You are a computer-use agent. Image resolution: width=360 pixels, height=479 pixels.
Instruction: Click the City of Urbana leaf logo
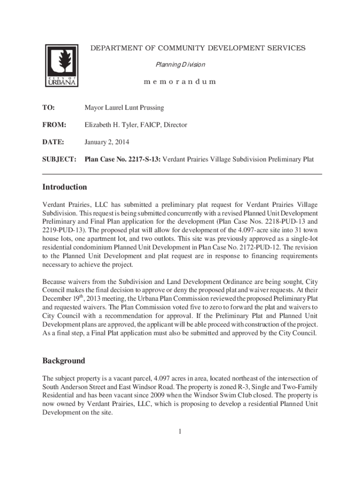61,65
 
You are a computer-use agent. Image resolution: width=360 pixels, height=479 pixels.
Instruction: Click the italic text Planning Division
180,64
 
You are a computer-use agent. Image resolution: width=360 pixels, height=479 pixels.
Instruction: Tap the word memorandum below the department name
180,81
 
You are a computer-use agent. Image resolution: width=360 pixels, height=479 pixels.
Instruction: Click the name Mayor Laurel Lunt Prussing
124,108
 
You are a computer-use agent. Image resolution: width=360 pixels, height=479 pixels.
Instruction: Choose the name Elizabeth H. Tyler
111,125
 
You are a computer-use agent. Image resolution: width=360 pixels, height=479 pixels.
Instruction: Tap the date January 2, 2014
107,142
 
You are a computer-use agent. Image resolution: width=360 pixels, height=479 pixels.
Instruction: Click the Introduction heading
65,187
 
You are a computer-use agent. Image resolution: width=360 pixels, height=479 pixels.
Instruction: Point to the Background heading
64,361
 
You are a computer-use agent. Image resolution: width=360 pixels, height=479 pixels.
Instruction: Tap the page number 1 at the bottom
180,431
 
